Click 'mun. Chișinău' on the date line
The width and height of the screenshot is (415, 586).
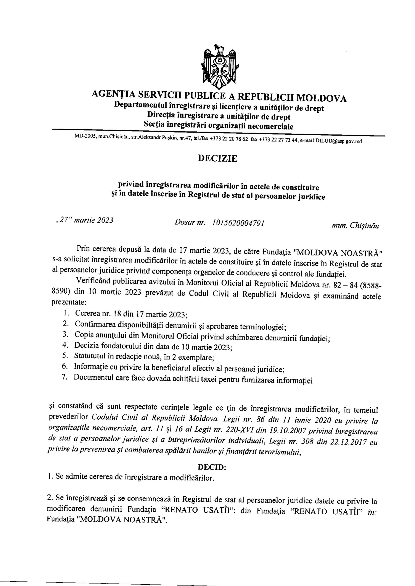355,226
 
